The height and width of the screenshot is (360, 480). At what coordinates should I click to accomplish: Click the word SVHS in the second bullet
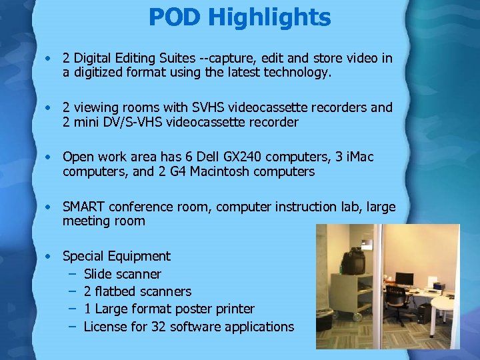(209, 108)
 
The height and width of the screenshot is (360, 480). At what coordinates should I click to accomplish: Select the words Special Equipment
(116, 256)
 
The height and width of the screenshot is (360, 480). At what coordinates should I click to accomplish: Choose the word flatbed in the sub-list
(115, 291)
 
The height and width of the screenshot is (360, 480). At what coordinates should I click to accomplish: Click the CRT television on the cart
(353, 261)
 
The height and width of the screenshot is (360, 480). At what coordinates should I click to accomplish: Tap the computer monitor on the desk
(405, 279)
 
